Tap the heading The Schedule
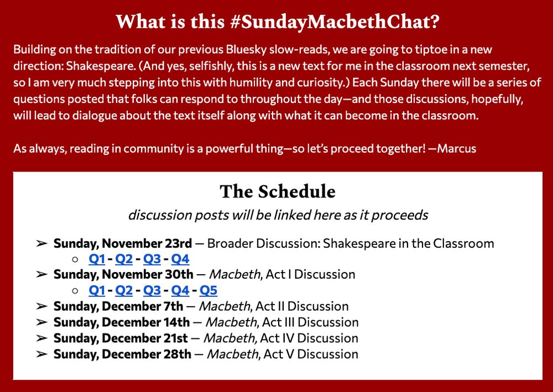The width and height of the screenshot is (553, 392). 277,191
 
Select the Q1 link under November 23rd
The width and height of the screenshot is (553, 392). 97,258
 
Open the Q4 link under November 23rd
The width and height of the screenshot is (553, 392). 180,258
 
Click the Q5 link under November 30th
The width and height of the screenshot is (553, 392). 208,290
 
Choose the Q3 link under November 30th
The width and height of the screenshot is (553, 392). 152,290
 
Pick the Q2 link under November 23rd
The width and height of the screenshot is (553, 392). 124,258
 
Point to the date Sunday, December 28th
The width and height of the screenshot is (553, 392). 122,354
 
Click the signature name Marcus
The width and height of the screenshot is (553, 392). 456,149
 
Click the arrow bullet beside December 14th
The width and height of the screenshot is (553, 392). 41,322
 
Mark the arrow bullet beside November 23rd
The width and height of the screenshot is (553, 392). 41,243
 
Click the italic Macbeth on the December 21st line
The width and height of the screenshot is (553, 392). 230,338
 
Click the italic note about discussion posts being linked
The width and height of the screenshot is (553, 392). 278,215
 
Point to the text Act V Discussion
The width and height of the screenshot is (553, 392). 311,354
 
